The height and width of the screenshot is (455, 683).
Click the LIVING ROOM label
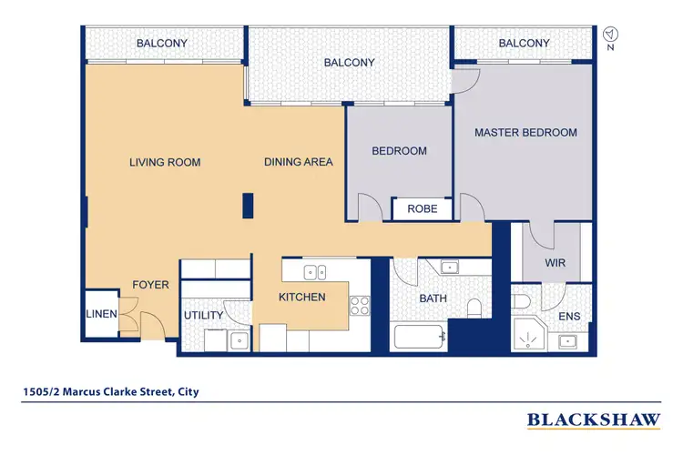[x=164, y=163]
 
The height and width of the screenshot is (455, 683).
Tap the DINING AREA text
[x=298, y=163]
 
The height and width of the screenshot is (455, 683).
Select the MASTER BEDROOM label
[x=525, y=133]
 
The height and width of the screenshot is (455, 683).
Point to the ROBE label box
[x=422, y=209]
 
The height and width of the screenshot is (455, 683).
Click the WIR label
[x=556, y=263]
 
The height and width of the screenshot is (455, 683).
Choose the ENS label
[x=568, y=317]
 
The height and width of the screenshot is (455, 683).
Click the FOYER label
[x=150, y=285]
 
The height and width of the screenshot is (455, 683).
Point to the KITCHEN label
[x=301, y=297]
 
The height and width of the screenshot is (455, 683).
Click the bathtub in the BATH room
[x=419, y=338]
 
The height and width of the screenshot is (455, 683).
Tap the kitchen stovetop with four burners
[x=360, y=305]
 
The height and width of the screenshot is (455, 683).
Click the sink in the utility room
[x=238, y=341]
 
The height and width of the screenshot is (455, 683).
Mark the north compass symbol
[x=609, y=34]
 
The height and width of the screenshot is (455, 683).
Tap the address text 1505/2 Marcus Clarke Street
[x=110, y=393]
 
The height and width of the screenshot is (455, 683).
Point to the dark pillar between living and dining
[x=247, y=206]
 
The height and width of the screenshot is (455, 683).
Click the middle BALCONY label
[x=349, y=63]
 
